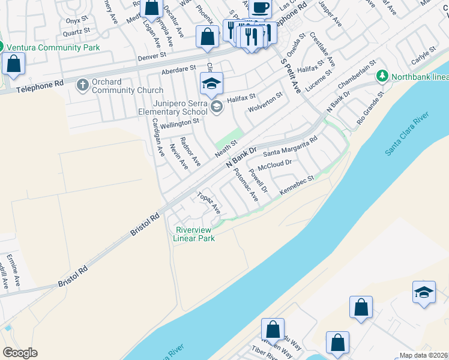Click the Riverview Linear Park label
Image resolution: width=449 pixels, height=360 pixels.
193,233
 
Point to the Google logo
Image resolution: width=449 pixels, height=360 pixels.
20,353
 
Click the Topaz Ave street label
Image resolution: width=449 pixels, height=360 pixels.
209,203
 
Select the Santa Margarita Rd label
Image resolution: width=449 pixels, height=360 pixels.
290,148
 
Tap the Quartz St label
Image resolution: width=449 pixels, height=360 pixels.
78,29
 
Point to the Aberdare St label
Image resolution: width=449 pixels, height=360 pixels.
178,71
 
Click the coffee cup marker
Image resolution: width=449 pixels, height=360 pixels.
260,8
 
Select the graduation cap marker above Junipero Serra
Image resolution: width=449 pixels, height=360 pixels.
211,84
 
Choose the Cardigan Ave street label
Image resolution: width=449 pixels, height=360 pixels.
158,137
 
